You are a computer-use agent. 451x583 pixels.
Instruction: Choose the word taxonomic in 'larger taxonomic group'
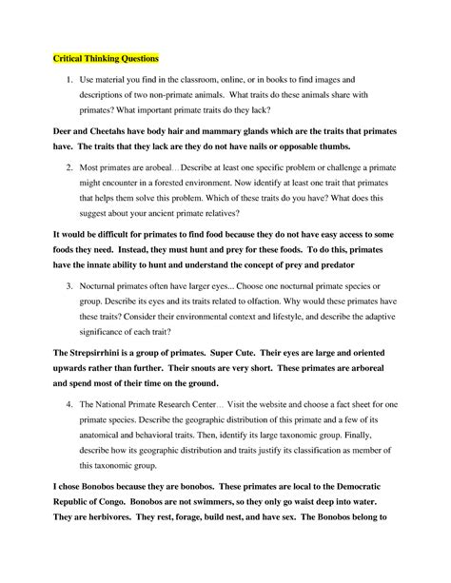click(311, 440)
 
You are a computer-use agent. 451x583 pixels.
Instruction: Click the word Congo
click(123, 521)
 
